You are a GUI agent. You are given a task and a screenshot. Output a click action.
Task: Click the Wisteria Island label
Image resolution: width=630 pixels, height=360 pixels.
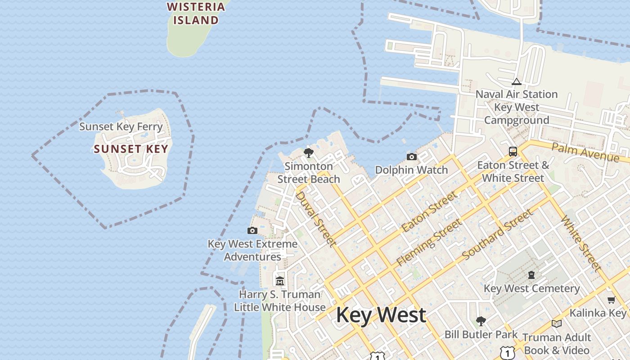pyautogui.click(x=196, y=13)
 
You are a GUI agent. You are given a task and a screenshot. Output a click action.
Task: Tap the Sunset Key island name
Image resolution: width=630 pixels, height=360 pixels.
pyautogui.click(x=131, y=149)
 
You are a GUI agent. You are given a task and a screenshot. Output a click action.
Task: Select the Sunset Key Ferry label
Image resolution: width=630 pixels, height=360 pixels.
pyautogui.click(x=121, y=126)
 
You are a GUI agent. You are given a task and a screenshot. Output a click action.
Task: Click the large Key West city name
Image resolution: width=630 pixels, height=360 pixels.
pyautogui.click(x=381, y=315)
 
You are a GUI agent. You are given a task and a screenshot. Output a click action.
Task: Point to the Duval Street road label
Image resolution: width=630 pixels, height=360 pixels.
pyautogui.click(x=316, y=219)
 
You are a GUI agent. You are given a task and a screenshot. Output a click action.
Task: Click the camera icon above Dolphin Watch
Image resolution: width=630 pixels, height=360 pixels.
pyautogui.click(x=411, y=157)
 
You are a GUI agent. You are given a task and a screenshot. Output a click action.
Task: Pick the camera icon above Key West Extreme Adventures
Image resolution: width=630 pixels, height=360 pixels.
pyautogui.click(x=252, y=231)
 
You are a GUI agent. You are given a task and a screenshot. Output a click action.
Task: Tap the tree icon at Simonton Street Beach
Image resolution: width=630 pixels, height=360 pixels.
pyautogui.click(x=309, y=153)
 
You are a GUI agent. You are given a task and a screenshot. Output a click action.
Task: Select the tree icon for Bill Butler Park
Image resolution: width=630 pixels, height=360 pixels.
pyautogui.click(x=481, y=321)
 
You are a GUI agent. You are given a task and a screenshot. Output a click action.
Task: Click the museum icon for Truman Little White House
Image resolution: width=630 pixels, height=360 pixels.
pyautogui.click(x=280, y=281)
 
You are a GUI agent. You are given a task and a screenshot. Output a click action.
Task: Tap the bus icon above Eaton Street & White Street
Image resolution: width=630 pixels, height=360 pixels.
pyautogui.click(x=513, y=152)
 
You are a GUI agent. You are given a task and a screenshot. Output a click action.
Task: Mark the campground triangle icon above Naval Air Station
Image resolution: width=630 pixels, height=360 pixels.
pyautogui.click(x=517, y=81)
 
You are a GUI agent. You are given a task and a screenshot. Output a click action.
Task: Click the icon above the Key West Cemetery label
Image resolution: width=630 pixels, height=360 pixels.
pyautogui.click(x=531, y=274)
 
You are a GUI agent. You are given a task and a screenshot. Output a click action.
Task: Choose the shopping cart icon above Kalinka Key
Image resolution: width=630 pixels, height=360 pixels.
pyautogui.click(x=611, y=300)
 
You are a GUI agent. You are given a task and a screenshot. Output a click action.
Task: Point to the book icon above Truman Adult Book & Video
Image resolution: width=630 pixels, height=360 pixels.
pyautogui.click(x=557, y=324)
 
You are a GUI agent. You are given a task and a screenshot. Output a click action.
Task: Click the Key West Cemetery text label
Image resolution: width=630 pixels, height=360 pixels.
pyautogui.click(x=531, y=288)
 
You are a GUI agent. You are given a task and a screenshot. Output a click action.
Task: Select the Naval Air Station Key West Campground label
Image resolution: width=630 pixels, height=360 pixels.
pyautogui.click(x=517, y=108)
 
